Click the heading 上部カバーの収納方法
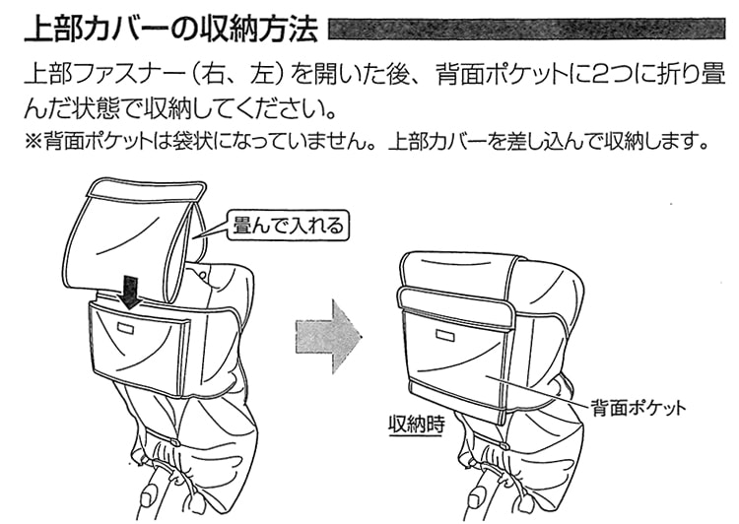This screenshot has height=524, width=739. tap(169, 29)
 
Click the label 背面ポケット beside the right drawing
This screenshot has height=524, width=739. tap(638, 406)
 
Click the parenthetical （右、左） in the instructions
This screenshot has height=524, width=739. tap(253, 74)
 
